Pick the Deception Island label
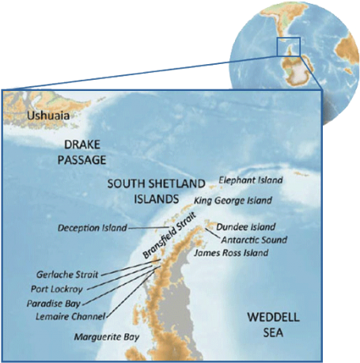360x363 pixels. (x=92, y=228)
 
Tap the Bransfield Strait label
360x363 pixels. (x=168, y=236)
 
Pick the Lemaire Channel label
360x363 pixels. (x=70, y=316)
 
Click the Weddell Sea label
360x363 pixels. (x=273, y=325)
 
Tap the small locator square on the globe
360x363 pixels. (x=288, y=47)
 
